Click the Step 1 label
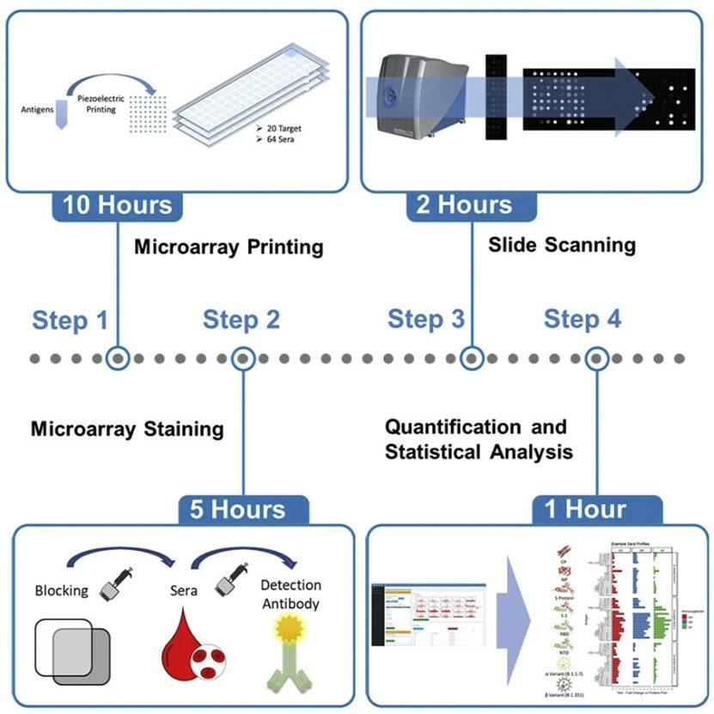(70, 320)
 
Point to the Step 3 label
(425, 319)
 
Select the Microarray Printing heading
(228, 247)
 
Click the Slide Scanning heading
(562, 245)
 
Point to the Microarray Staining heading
(127, 428)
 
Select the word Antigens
(37, 110)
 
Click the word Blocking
(61, 591)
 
